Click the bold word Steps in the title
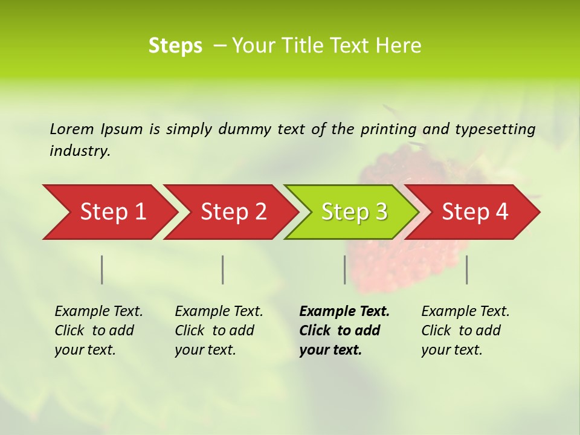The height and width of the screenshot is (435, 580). pyautogui.click(x=175, y=46)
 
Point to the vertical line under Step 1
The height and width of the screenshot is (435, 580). pyautogui.click(x=102, y=269)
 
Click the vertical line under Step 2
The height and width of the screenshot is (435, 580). pyautogui.click(x=223, y=269)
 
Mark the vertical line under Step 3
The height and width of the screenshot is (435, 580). pyautogui.click(x=345, y=269)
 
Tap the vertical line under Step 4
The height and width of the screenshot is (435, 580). pyautogui.click(x=467, y=269)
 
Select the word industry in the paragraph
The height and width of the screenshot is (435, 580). pyautogui.click(x=80, y=151)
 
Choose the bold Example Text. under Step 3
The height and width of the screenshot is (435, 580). pyautogui.click(x=344, y=311)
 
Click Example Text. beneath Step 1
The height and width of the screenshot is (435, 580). pyautogui.click(x=98, y=311)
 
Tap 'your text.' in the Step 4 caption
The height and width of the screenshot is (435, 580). pyautogui.click(x=452, y=350)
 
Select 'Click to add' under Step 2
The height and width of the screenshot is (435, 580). pyautogui.click(x=214, y=330)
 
